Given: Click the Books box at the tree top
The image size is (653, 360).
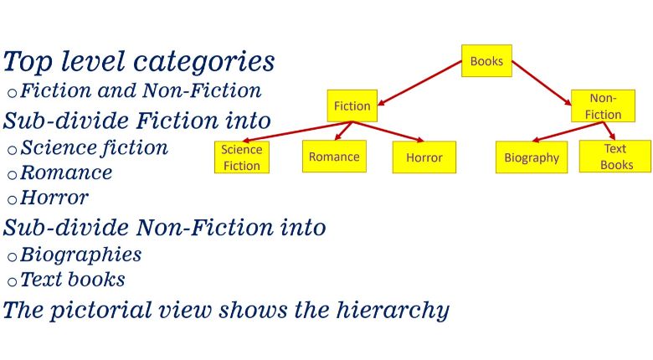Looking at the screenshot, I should pyautogui.click(x=486, y=61).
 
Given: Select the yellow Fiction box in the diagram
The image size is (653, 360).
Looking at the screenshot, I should pyautogui.click(x=352, y=105).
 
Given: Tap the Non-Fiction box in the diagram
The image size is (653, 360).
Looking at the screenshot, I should pyautogui.click(x=603, y=106).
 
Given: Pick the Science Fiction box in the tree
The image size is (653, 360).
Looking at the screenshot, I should pyautogui.click(x=242, y=157).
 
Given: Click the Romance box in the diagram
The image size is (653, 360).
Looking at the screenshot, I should pyautogui.click(x=334, y=157).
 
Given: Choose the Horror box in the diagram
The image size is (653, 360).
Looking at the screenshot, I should pyautogui.click(x=424, y=157).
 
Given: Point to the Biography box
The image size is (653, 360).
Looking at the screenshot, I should pyautogui.click(x=532, y=157).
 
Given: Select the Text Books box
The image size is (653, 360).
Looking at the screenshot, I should pyautogui.click(x=614, y=157).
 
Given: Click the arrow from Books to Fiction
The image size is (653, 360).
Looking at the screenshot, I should pyautogui.click(x=419, y=84).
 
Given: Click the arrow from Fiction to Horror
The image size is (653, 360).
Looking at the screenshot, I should pyautogui.click(x=390, y=131).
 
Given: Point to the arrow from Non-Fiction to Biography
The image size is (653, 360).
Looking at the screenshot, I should pyautogui.click(x=569, y=131).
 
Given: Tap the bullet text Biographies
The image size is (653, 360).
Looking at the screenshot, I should pyautogui.click(x=80, y=254).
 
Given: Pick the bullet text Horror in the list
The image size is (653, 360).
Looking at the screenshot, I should pyautogui.click(x=54, y=198).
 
